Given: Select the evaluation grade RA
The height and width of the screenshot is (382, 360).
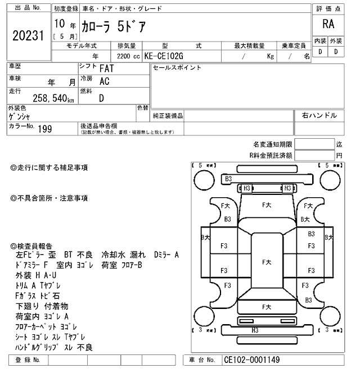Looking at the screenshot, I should pos(327,24).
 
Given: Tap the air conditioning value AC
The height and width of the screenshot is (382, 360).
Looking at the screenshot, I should pos(104,81).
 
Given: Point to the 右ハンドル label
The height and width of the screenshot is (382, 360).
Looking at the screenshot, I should pos(319,116).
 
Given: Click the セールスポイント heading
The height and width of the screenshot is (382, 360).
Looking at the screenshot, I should pos(169,68).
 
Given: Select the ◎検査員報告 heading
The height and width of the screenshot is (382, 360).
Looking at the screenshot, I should pos(31,246).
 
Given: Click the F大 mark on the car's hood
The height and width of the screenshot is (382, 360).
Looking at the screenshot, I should pos(267,206).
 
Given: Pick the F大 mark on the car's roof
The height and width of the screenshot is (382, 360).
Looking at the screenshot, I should pos(267,262).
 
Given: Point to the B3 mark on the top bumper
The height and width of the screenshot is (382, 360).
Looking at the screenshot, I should pos(228,179).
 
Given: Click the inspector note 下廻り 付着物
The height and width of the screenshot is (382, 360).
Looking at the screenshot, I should pos(42,306).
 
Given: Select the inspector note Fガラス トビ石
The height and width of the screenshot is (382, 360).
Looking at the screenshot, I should pos(38,296).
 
